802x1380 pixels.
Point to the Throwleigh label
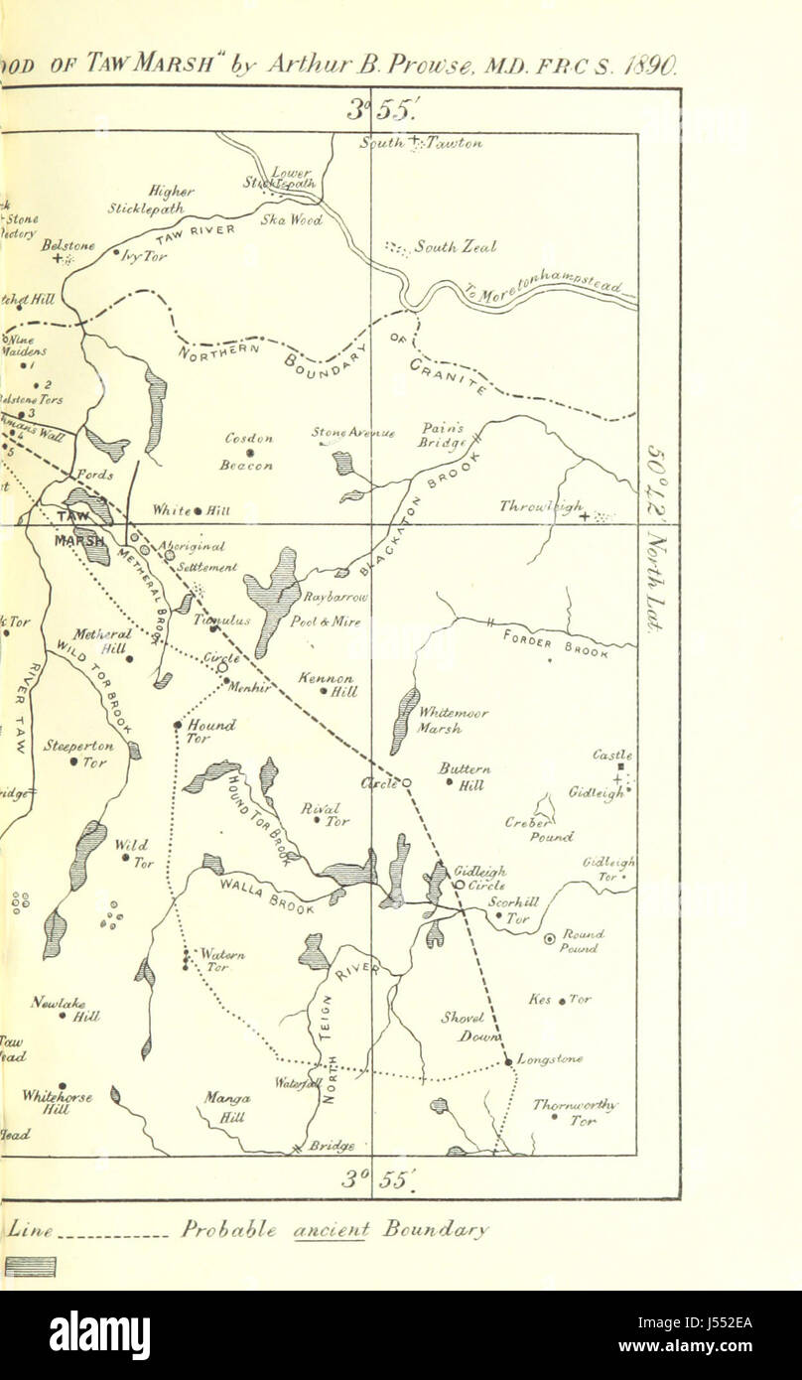pos(541,507)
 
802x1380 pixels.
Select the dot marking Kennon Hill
pos(324,692)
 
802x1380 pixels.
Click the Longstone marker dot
pos(509,1062)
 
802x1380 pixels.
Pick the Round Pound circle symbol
pos(549,938)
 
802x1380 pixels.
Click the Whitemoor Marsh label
pos(440,720)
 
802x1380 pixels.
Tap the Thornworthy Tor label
pos(575,1112)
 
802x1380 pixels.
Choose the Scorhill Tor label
pos(515,910)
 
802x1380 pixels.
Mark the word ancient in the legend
pos(331,1230)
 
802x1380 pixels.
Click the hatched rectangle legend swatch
pos(30,1266)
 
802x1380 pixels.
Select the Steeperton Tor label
pos(79,754)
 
